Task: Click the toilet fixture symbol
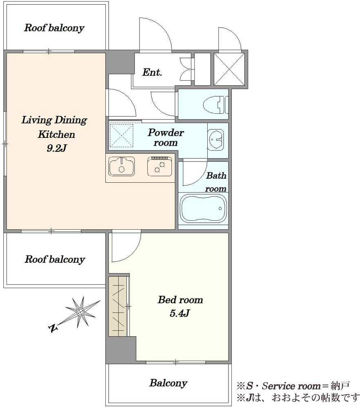coord(215,104)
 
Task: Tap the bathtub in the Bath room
coord(203,208)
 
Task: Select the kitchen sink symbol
coord(122,166)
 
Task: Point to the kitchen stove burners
coord(160,166)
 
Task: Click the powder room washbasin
coord(216,139)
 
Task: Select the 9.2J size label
coord(56,149)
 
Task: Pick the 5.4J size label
coord(180,313)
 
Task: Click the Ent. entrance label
coord(152,72)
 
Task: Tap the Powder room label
coord(166,137)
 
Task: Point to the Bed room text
coord(180,300)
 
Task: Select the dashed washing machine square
coord(121,135)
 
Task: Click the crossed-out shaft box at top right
coord(229,69)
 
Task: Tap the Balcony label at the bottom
coord(168,383)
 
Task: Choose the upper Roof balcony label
coord(54,28)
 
